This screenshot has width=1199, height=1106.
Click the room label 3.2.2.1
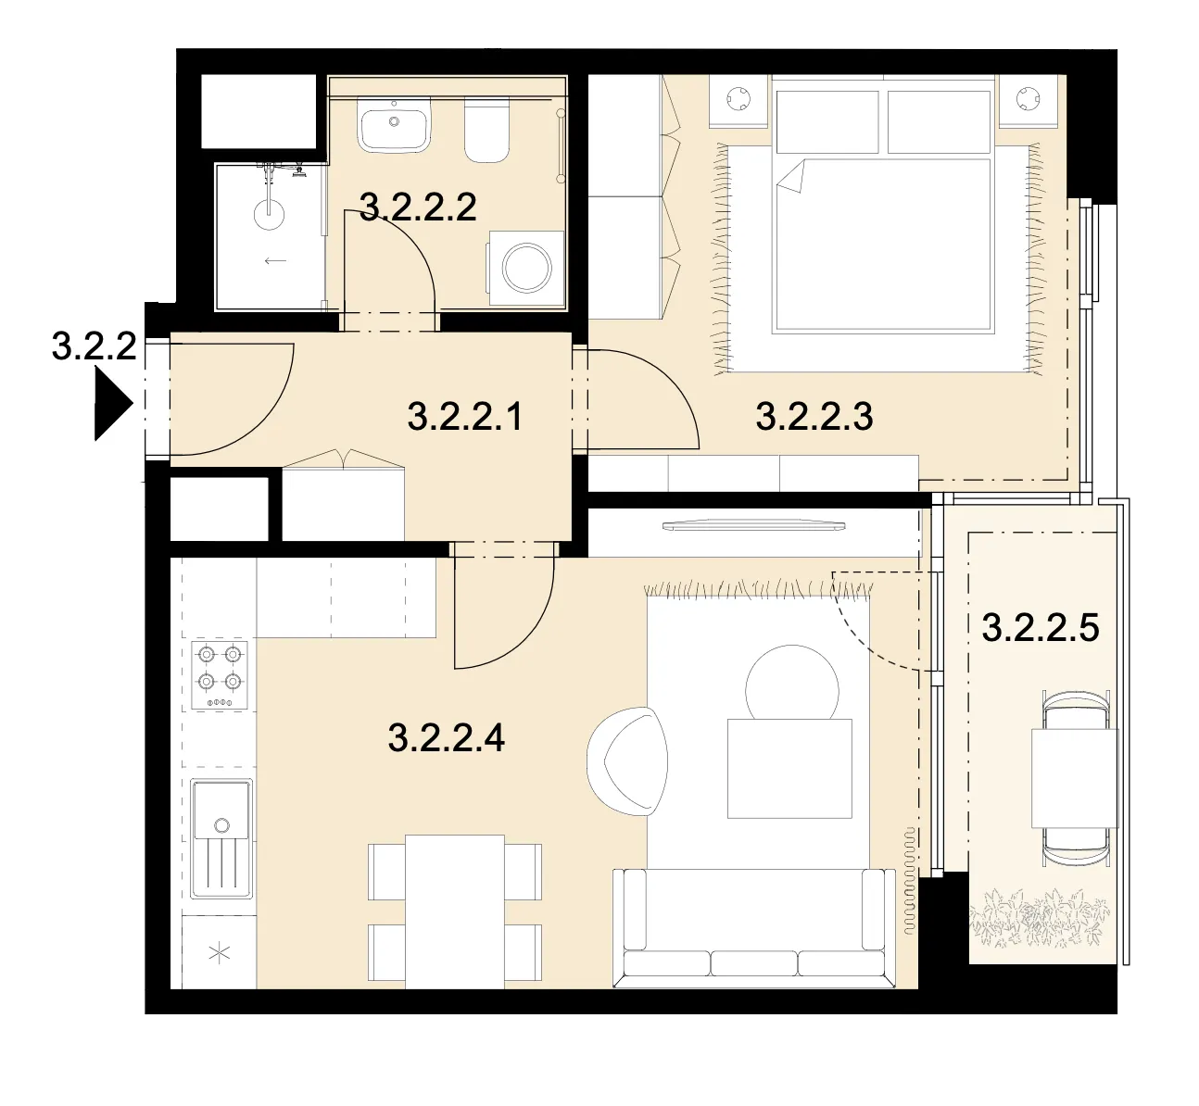click(x=464, y=417)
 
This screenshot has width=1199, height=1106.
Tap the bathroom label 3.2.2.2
click(x=418, y=207)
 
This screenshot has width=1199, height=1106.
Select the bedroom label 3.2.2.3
click(x=814, y=417)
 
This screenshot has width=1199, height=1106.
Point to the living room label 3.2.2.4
click(x=447, y=737)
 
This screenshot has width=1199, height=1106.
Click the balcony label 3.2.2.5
click(x=1041, y=628)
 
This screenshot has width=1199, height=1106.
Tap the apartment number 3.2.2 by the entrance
click(x=95, y=347)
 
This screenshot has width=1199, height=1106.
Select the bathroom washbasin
click(x=394, y=126)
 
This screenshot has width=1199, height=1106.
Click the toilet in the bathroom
click(x=486, y=131)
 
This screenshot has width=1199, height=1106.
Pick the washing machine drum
click(x=526, y=268)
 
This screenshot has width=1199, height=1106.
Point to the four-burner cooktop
click(x=220, y=674)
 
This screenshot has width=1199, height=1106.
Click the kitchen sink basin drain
click(x=221, y=824)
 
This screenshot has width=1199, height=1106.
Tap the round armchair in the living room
click(x=627, y=761)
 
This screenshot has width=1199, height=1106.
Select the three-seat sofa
click(x=753, y=928)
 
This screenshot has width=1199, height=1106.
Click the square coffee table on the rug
click(x=789, y=769)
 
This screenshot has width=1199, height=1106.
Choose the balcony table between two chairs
click(x=1074, y=778)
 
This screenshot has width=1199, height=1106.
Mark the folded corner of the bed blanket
click(x=792, y=177)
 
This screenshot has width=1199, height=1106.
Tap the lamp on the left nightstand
click(x=738, y=98)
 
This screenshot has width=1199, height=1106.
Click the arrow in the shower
click(x=275, y=261)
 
